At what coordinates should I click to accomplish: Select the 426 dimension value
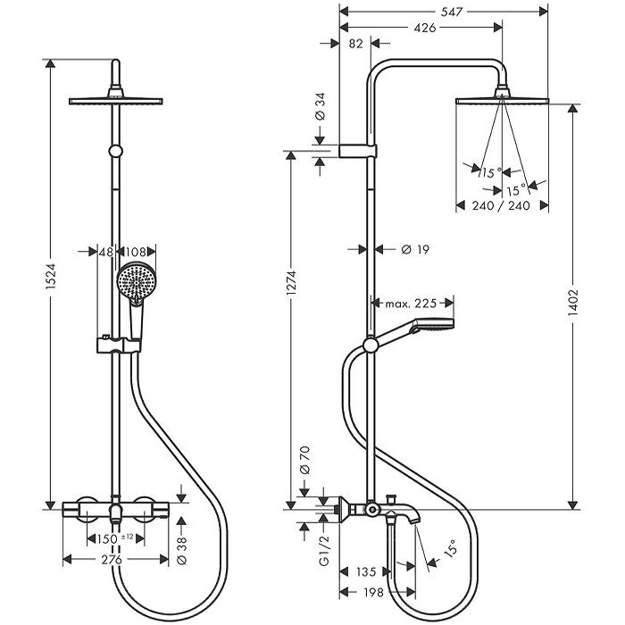(424, 28)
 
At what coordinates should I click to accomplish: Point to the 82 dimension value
(355, 43)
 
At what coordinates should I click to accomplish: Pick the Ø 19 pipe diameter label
(410, 250)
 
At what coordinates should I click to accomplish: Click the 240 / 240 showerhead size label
(500, 205)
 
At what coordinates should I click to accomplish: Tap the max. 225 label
(411, 304)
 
